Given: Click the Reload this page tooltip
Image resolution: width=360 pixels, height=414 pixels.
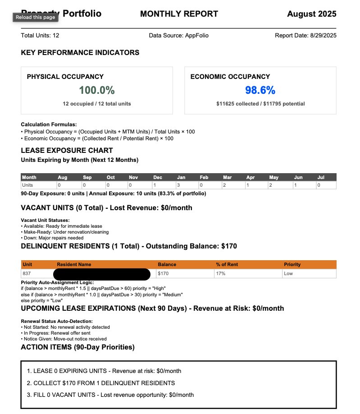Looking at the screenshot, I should (35, 17).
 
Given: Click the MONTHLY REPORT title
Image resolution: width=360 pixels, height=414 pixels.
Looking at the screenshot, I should (179, 14).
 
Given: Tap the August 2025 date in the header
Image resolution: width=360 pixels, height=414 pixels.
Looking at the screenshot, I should (311, 14).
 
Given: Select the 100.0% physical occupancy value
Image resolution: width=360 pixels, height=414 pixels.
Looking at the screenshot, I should (97, 90).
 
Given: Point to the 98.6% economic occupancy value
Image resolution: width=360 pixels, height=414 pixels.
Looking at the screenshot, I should (260, 90).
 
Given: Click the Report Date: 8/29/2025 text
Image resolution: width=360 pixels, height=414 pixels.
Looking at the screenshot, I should (305, 36).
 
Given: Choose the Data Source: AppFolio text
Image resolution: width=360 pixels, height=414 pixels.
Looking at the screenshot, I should (178, 36).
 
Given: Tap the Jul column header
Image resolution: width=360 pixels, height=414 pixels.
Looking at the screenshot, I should (321, 177).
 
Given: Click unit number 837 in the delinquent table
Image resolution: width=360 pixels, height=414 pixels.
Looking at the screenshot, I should (27, 274).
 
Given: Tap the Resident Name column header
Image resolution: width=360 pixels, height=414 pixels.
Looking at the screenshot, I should (74, 264).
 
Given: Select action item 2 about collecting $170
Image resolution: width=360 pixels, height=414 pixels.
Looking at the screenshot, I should (101, 383).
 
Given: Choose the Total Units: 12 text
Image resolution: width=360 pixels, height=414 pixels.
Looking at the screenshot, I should (40, 36).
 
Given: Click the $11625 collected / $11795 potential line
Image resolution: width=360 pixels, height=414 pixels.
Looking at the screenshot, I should (260, 104).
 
